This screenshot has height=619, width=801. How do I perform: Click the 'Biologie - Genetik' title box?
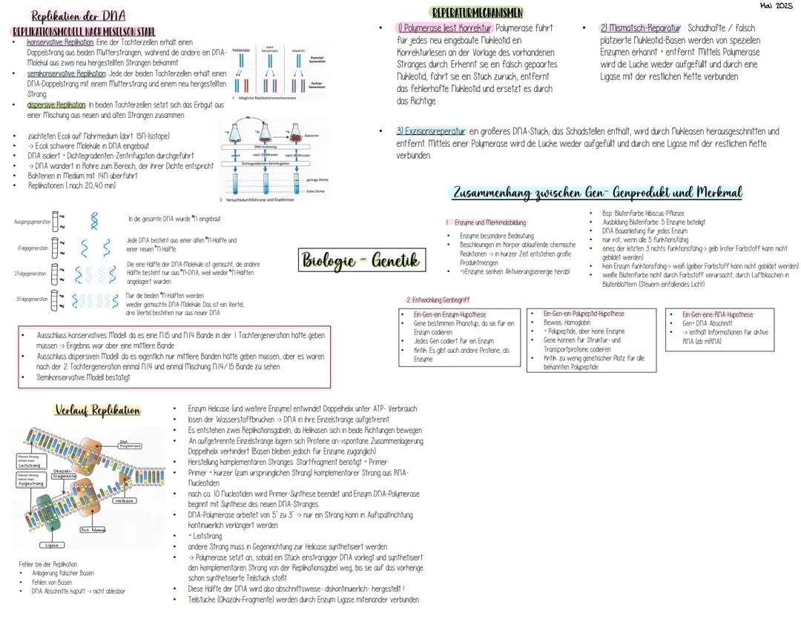coord(361,260)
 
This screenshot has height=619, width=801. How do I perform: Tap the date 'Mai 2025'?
coord(777,7)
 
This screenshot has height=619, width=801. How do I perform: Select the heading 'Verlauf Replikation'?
coord(97,410)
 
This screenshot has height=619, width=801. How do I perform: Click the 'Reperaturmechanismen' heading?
coord(477,13)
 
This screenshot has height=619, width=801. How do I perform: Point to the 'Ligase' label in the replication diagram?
coord(51,545)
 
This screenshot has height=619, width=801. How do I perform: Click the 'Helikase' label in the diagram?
coord(125,500)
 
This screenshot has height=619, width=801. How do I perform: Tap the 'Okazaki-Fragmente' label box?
coord(65,474)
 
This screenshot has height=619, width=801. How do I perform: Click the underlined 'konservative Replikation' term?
coord(61,43)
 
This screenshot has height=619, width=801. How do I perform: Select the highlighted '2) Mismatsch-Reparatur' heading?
coord(640,28)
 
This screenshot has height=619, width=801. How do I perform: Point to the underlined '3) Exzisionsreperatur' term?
coord(431,131)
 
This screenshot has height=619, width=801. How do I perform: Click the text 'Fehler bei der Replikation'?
coord(48,564)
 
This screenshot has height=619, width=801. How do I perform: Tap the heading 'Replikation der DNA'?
coord(78,16)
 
